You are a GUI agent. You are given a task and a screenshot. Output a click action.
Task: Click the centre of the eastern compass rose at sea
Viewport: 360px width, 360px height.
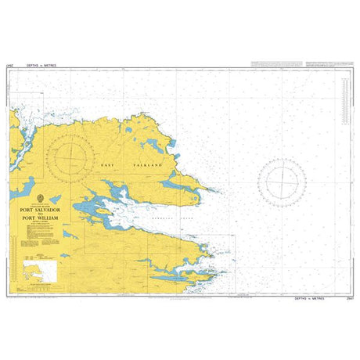(x=280, y=183)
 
